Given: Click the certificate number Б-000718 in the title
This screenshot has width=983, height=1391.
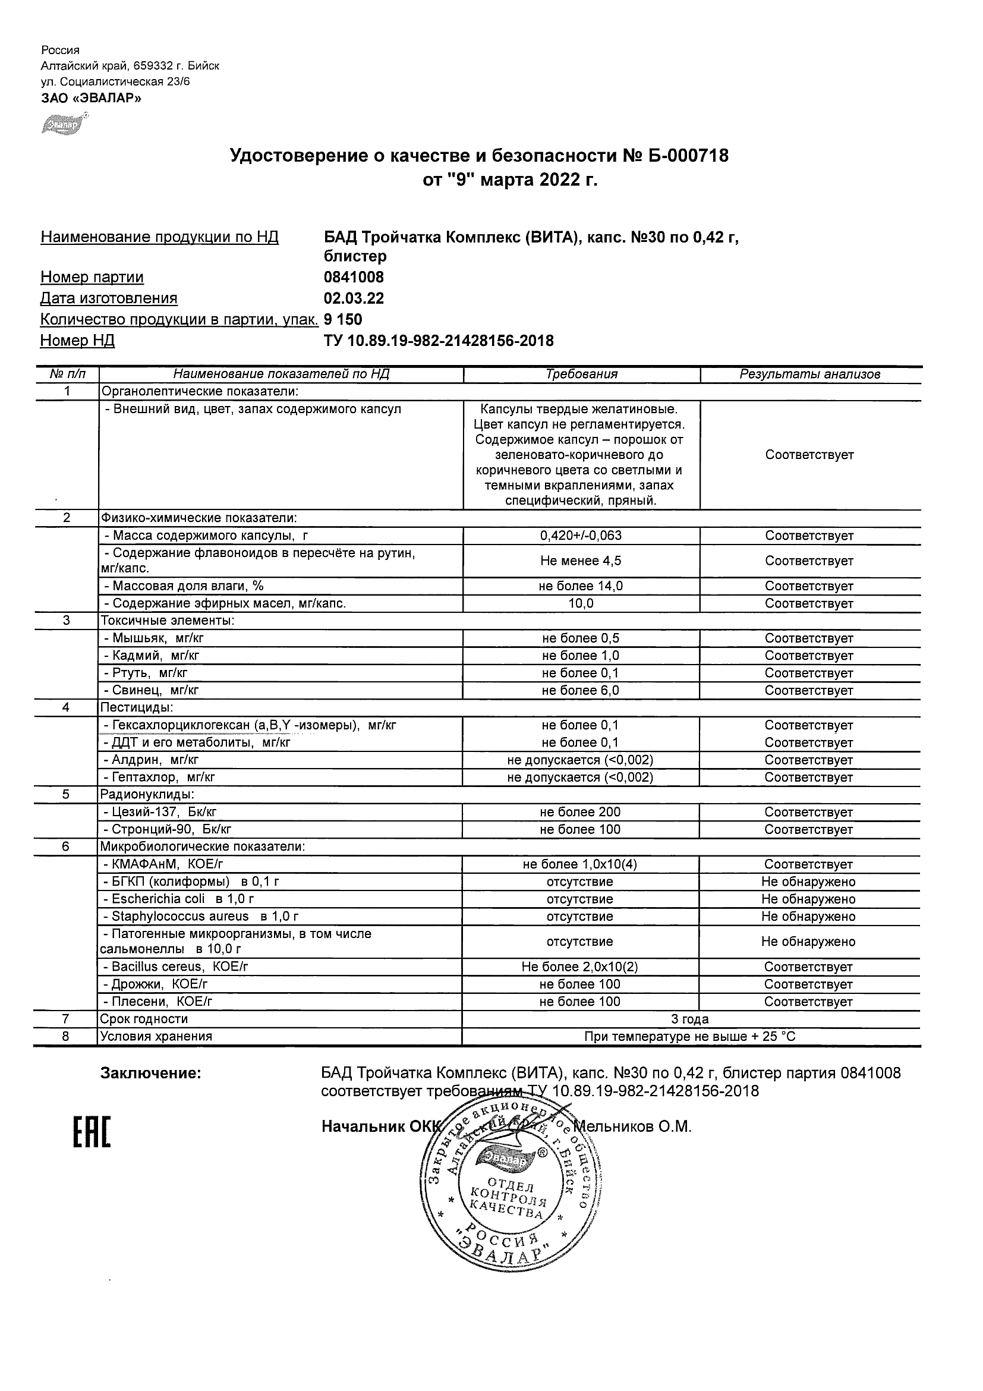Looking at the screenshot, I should coord(688,156).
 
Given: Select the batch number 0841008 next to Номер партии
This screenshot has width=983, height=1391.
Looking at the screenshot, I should coord(354,278).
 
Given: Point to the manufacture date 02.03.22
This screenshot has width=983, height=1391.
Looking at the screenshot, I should coord(354,298).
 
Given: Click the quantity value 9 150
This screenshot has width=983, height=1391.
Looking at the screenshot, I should coord(344,320).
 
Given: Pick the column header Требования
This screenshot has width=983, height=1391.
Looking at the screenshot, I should coord(581,374).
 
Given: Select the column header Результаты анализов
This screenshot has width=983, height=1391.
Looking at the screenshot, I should coord(809,374).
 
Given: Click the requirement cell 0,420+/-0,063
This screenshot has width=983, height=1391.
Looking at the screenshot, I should coord(581,536).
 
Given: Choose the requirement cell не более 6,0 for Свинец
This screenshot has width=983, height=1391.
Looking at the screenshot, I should coord(580,690).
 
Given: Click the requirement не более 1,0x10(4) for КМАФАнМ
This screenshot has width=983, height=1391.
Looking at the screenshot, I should coord(579,864).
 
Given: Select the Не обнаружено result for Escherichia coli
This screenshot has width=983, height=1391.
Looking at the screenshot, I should coord(808,899).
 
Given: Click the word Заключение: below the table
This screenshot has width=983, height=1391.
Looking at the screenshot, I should coord(150,1074).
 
